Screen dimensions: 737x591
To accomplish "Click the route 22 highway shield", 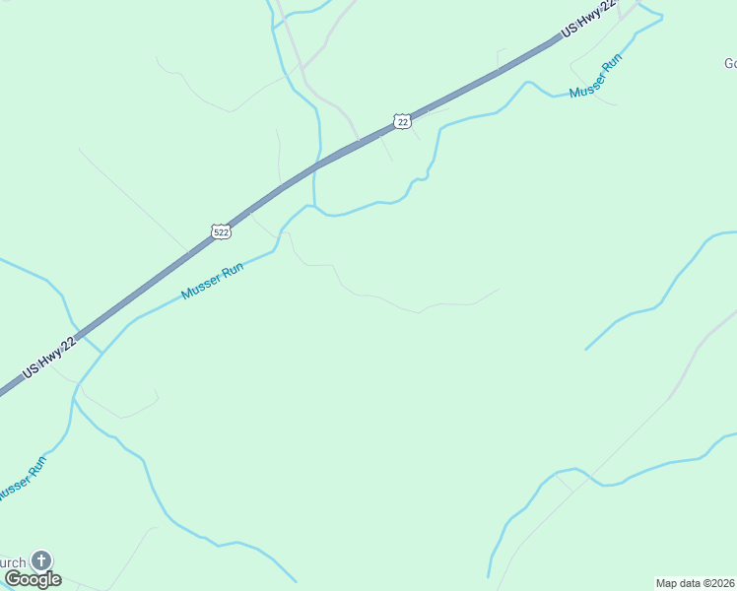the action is (401, 120).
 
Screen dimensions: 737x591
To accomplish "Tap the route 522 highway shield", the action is (221, 231).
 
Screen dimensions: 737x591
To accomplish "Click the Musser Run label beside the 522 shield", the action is (212, 282).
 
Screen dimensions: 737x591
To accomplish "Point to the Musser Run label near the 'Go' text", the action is (596, 77).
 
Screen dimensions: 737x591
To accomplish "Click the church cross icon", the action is (40, 560).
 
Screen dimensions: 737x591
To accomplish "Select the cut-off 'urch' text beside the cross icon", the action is (13, 563).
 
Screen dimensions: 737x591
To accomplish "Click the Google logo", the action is (33, 579).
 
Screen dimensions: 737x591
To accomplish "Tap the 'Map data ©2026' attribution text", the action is (696, 583).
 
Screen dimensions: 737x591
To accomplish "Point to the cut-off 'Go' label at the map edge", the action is (729, 64).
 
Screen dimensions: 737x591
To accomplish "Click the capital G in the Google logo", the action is (13, 579).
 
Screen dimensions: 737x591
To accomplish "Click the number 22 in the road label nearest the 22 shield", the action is (607, 8).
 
